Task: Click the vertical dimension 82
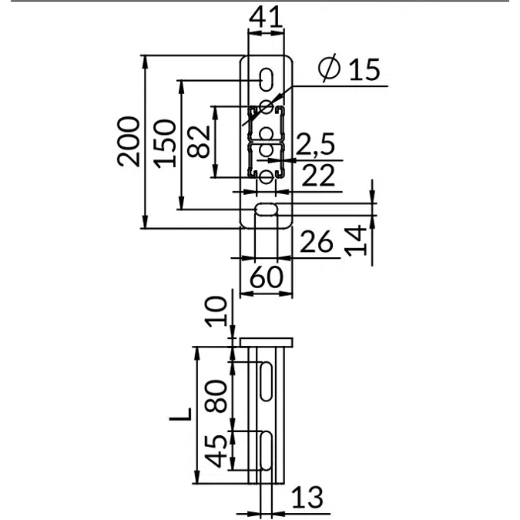click(199, 141)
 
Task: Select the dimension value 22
click(317, 176)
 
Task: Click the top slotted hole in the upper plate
click(266, 79)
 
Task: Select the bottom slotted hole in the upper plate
click(266, 210)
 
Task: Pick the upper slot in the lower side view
click(265, 383)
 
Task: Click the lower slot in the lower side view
click(265, 451)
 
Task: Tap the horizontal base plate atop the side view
click(267, 341)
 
